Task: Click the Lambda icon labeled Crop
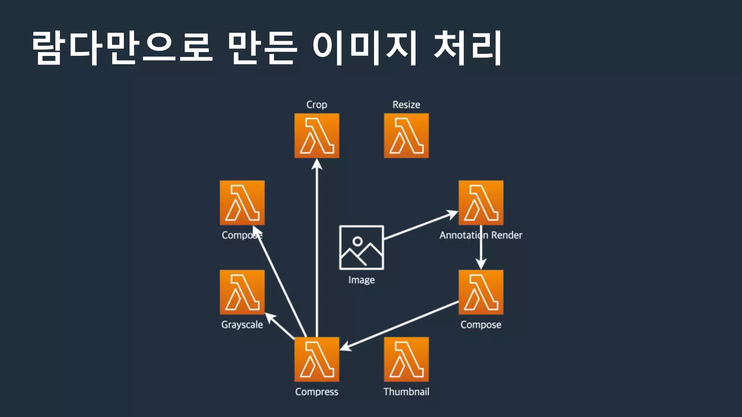(x=317, y=136)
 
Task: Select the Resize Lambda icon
(x=406, y=136)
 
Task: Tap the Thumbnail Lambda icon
(x=406, y=359)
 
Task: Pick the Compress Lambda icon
(x=317, y=359)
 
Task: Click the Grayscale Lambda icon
(x=242, y=292)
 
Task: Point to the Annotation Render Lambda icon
(x=481, y=203)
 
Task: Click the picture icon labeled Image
(x=361, y=248)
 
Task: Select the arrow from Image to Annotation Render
(x=420, y=225)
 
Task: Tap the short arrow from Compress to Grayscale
(x=281, y=327)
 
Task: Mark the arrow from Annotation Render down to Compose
(x=481, y=250)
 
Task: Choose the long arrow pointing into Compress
(x=399, y=325)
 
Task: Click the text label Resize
(x=406, y=105)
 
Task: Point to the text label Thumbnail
(x=406, y=392)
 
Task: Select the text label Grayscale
(x=242, y=325)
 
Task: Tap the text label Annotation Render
(x=481, y=235)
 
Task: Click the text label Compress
(x=317, y=392)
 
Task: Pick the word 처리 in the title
(x=467, y=48)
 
